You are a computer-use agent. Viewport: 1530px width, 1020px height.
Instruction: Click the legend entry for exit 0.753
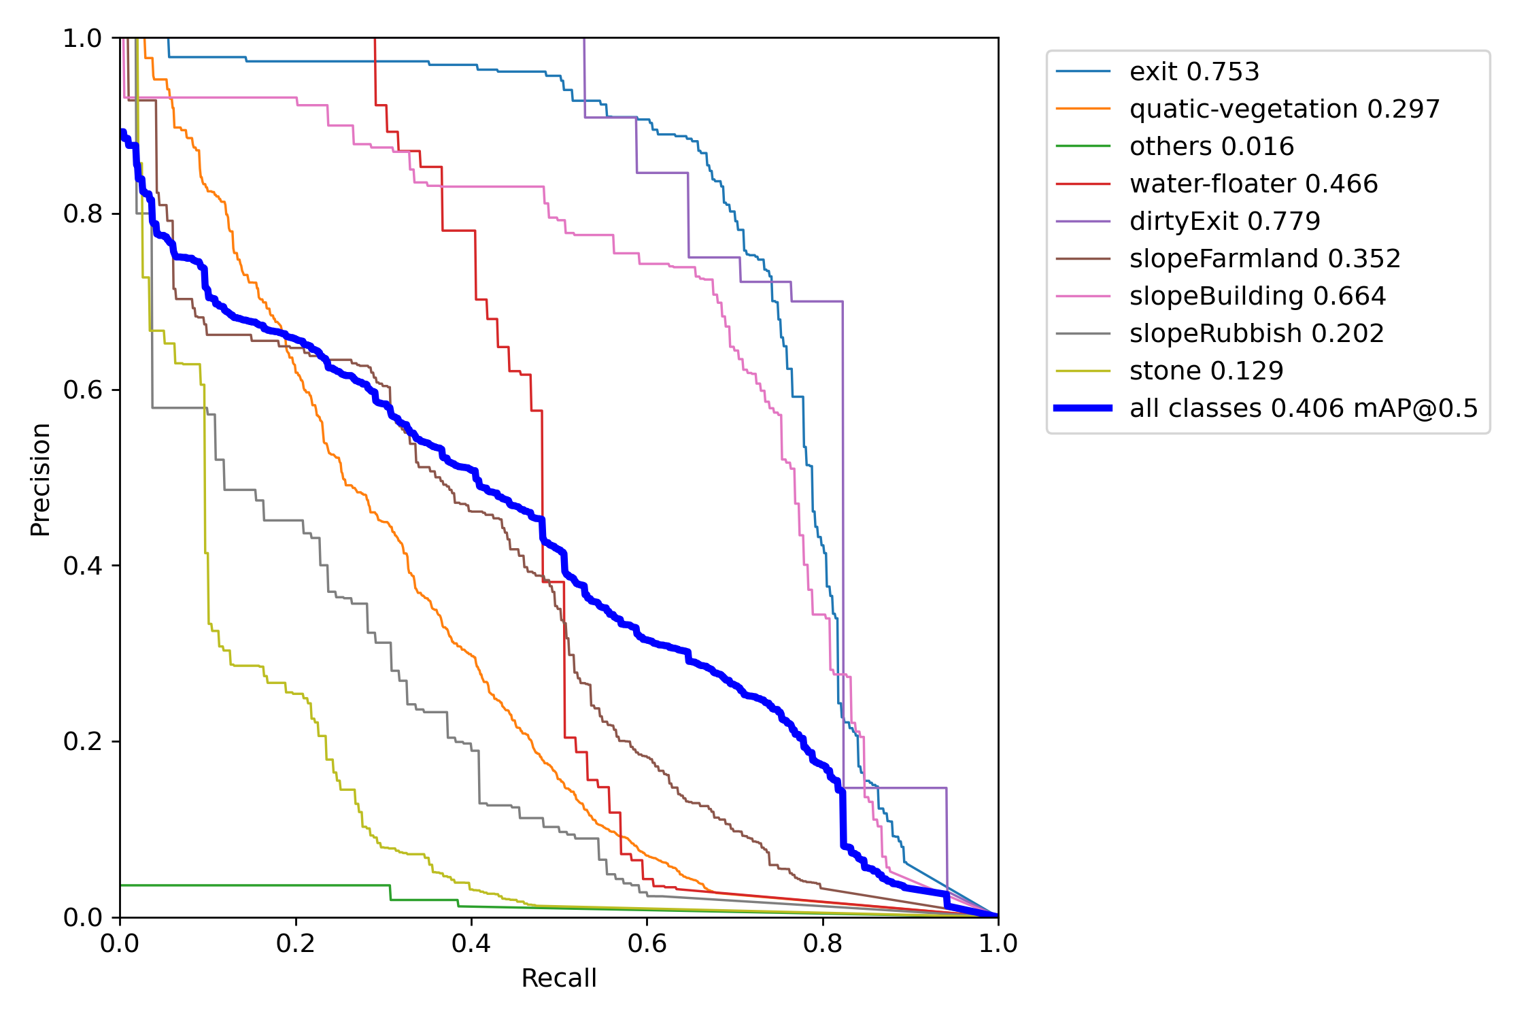point(1194,71)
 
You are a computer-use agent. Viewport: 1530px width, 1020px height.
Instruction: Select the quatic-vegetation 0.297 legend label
point(1285,109)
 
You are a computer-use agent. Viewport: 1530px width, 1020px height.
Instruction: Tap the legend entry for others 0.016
point(1212,146)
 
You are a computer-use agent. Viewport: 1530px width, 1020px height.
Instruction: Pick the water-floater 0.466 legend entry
point(1253,184)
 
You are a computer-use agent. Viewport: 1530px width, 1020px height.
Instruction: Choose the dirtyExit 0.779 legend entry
point(1225,221)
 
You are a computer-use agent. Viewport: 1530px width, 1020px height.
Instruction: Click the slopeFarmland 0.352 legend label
point(1265,258)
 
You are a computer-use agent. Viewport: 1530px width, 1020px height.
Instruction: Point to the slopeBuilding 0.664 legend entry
point(1257,296)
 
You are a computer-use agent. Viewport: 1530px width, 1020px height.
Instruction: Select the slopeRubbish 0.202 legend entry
point(1257,333)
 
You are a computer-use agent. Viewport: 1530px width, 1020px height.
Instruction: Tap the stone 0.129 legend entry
point(1206,371)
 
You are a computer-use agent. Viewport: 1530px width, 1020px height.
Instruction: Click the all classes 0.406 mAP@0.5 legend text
point(1304,408)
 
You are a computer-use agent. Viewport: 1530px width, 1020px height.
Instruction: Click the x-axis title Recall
point(559,978)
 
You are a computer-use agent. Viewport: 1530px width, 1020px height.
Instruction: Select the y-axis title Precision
point(40,479)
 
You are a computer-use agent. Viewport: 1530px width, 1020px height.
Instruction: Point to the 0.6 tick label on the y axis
point(82,390)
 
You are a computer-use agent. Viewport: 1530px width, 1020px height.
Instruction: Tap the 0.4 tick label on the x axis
point(471,943)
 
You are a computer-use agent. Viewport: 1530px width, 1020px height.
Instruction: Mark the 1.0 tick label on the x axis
point(998,943)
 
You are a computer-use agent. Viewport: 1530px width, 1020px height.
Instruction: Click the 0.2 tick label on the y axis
point(82,741)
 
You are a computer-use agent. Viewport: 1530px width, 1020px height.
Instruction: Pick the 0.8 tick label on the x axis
point(823,943)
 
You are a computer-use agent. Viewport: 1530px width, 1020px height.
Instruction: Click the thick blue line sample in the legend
point(1083,408)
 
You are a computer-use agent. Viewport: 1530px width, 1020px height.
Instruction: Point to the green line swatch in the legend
point(1083,146)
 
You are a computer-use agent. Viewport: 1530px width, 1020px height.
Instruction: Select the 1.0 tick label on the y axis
point(82,39)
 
